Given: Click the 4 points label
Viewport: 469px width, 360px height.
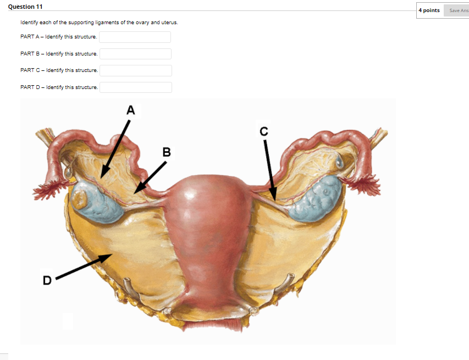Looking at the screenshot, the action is pos(429,10).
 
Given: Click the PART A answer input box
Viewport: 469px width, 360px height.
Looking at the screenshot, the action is pos(135,37).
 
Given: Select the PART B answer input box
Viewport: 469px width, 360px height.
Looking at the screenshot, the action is pos(135,54).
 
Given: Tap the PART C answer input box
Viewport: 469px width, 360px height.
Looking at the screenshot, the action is pos(136,70).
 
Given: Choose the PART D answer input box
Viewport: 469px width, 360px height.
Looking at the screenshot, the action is pos(136,87).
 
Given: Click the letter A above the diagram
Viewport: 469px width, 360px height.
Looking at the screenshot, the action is pos(130,110).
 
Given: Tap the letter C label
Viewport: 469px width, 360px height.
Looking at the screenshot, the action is pos(264,131).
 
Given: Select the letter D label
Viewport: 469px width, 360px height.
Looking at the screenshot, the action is pos(47,281).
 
